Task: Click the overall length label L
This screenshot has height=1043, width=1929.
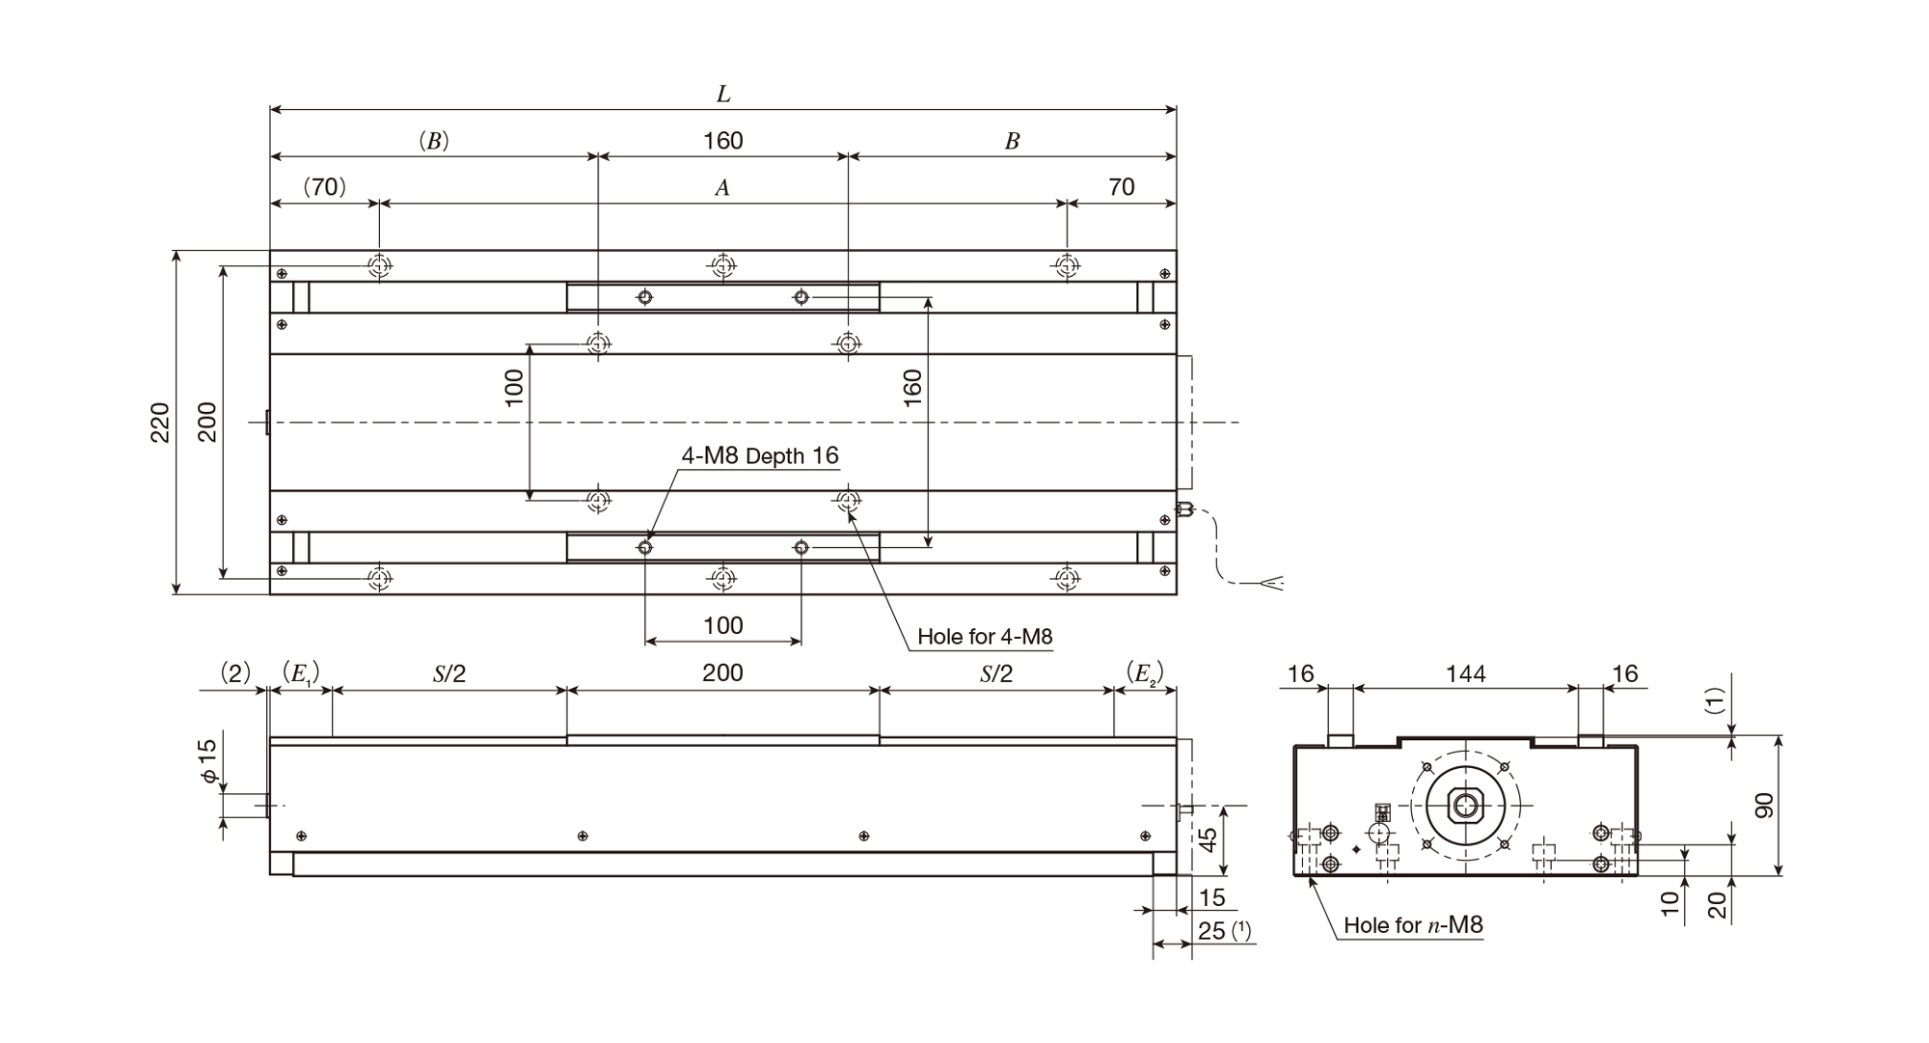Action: click(723, 95)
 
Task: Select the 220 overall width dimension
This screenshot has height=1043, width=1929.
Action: click(160, 423)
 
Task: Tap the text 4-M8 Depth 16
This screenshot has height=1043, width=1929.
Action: click(760, 455)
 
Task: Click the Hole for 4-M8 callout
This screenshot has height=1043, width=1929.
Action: click(985, 637)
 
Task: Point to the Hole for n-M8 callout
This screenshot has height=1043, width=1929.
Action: click(1413, 925)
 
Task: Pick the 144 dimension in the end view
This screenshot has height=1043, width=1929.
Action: click(1466, 674)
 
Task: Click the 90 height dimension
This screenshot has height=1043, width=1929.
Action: click(1764, 806)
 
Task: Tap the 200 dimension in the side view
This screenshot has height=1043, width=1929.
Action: click(722, 672)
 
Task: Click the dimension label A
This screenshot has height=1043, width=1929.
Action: click(722, 188)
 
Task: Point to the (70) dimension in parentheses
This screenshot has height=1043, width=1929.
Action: click(325, 187)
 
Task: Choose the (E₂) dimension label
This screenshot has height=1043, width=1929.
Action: click(1145, 673)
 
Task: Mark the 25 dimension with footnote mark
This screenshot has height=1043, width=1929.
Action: click(1224, 930)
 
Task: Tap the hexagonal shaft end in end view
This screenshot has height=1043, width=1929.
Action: click(1466, 806)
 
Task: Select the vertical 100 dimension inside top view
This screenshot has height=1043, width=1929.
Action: click(515, 388)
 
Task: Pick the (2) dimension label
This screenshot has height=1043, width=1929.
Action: click(235, 673)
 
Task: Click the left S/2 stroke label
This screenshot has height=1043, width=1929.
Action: click(448, 673)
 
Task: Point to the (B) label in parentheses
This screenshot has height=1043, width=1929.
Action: click(434, 141)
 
